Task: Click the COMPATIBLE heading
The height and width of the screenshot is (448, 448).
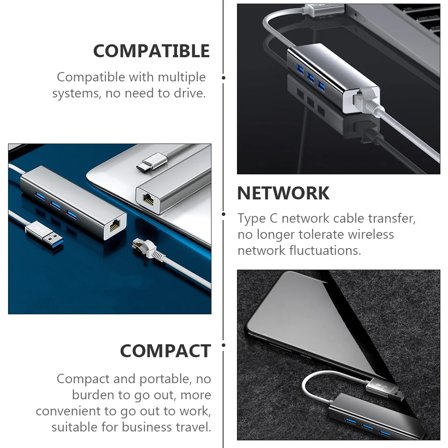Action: click(151, 51)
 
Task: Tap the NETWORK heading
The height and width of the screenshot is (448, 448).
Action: click(283, 193)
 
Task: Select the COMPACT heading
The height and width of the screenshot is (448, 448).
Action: click(165, 351)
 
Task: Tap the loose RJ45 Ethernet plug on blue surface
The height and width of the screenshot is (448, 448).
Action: click(142, 245)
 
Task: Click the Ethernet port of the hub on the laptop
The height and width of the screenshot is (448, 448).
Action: click(148, 199)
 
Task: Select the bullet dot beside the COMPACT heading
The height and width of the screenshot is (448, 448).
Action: click(224, 345)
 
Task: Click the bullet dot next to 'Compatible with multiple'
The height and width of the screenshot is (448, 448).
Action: click(224, 78)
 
